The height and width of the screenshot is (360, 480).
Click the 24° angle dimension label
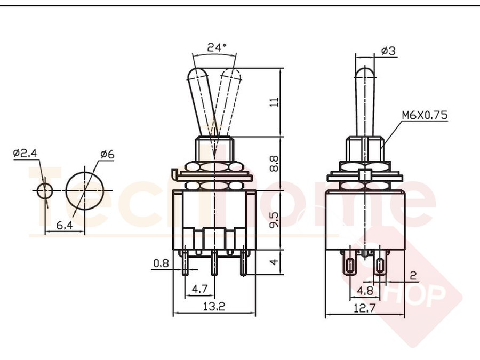tap(217, 47)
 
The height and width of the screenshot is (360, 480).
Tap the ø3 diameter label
tap(388, 51)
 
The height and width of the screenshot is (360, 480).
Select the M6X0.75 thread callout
tap(425, 115)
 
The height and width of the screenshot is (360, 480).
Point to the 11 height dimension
tap(275, 102)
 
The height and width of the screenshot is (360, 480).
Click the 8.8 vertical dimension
tap(274, 164)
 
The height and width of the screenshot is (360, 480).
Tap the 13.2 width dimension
tap(214, 306)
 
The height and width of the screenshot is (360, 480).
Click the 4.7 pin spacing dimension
tap(199, 289)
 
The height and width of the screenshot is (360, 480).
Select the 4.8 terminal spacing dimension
tap(365, 290)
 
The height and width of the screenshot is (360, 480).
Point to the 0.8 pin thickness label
tap(161, 263)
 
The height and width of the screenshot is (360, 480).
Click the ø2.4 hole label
tap(25, 153)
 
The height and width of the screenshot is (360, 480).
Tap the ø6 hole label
tap(107, 154)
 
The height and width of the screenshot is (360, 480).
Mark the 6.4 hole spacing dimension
tap(65, 225)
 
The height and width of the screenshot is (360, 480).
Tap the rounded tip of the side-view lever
tap(365, 68)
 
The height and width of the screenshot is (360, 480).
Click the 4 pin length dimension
tap(274, 262)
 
